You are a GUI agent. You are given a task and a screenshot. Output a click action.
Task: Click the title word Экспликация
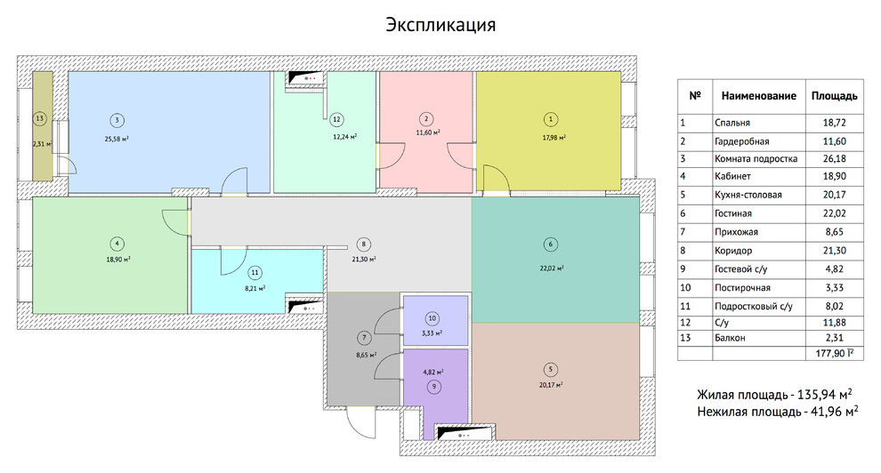click(x=440, y=24)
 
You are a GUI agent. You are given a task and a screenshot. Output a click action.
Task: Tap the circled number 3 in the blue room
click(x=117, y=120)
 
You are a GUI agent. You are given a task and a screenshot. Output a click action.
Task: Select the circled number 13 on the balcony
click(x=38, y=118)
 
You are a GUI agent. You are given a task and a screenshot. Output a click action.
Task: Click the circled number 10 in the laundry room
click(x=432, y=317)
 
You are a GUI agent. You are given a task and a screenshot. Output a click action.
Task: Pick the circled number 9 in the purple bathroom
click(x=433, y=387)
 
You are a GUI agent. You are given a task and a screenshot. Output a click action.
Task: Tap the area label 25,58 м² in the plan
click(x=117, y=138)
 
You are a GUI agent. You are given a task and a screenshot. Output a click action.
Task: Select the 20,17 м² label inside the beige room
click(x=554, y=385)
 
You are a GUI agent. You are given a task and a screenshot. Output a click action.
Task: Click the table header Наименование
click(x=757, y=95)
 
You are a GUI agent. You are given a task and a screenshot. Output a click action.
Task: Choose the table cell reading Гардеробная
click(x=741, y=141)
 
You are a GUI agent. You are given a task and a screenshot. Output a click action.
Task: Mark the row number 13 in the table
click(x=684, y=338)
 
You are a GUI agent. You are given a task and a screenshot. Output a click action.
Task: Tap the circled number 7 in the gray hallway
click(x=365, y=338)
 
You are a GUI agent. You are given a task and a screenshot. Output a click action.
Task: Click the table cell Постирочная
click(x=741, y=288)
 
